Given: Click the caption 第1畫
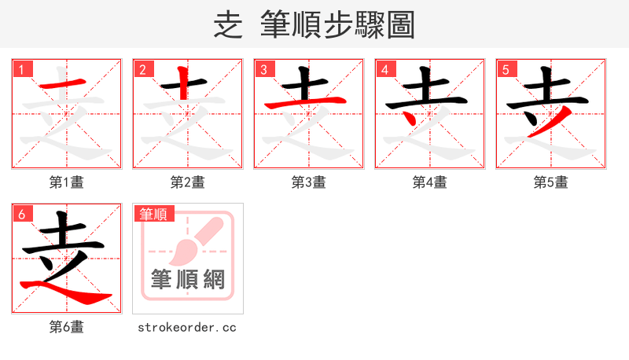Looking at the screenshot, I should coord(67,182).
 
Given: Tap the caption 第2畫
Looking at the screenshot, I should coord(188,182).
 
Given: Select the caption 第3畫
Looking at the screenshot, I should coord(309,182).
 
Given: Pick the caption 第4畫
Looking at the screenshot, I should coord(430,182).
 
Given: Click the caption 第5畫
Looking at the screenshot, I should coord(551,182).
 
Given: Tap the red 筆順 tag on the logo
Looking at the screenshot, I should coord(154,214).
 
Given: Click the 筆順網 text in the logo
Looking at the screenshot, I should coord(188,280).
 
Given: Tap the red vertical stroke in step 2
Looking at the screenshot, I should coord(182,83).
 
